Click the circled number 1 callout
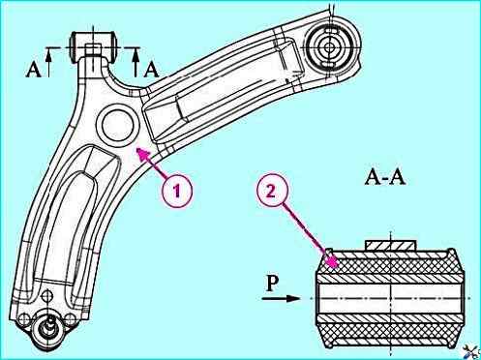click(x=176, y=192)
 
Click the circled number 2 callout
click(x=272, y=192)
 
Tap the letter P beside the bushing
click(x=272, y=284)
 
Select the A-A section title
click(x=385, y=177)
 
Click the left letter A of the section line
click(x=33, y=70)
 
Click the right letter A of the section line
click(x=151, y=70)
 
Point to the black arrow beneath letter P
click(x=281, y=298)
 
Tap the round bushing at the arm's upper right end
click(x=329, y=47)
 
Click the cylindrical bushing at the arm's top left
click(x=94, y=45)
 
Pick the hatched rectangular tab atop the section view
click(x=390, y=245)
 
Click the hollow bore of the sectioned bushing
click(x=390, y=298)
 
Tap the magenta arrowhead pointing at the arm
click(x=143, y=154)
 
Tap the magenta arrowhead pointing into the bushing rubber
click(x=332, y=262)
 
